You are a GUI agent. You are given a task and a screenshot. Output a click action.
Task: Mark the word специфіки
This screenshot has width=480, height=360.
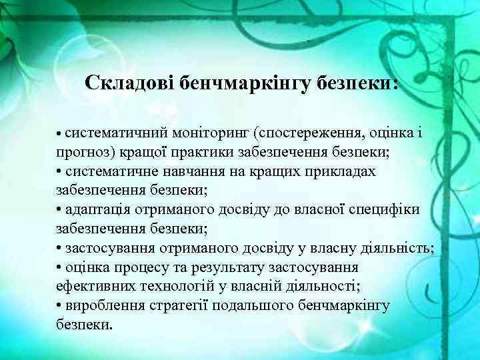tap(385, 210)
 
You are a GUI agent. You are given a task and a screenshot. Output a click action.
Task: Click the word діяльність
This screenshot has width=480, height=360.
tap(393, 249)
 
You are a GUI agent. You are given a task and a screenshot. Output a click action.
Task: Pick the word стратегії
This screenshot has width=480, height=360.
tap(166, 306)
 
